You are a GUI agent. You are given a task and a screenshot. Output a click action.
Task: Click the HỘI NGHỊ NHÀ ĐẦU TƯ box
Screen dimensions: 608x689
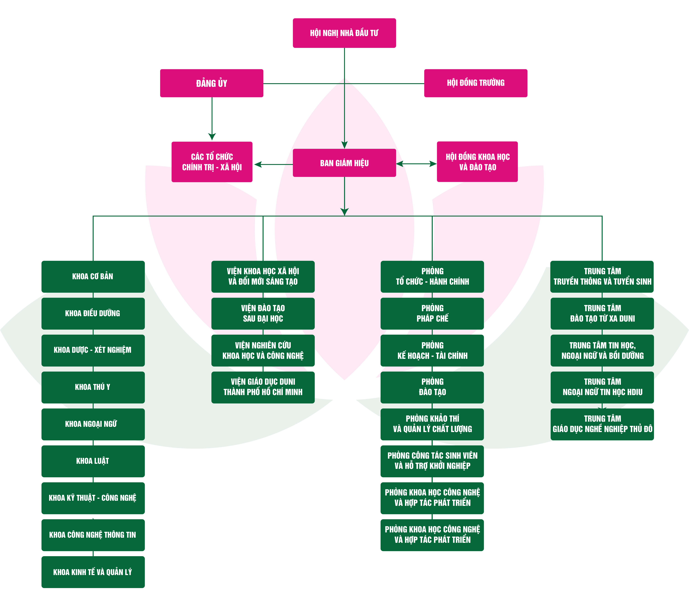click(344, 33)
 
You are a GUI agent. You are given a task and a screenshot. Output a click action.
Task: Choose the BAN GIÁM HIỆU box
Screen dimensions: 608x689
click(344, 163)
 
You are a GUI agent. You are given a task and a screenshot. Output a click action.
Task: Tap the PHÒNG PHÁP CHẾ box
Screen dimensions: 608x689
click(432, 313)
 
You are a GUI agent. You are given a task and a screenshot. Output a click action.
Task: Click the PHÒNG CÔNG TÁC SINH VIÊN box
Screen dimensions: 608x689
click(432, 461)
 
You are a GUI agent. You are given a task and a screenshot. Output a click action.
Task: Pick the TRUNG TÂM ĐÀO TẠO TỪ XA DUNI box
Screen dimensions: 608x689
click(602, 313)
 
